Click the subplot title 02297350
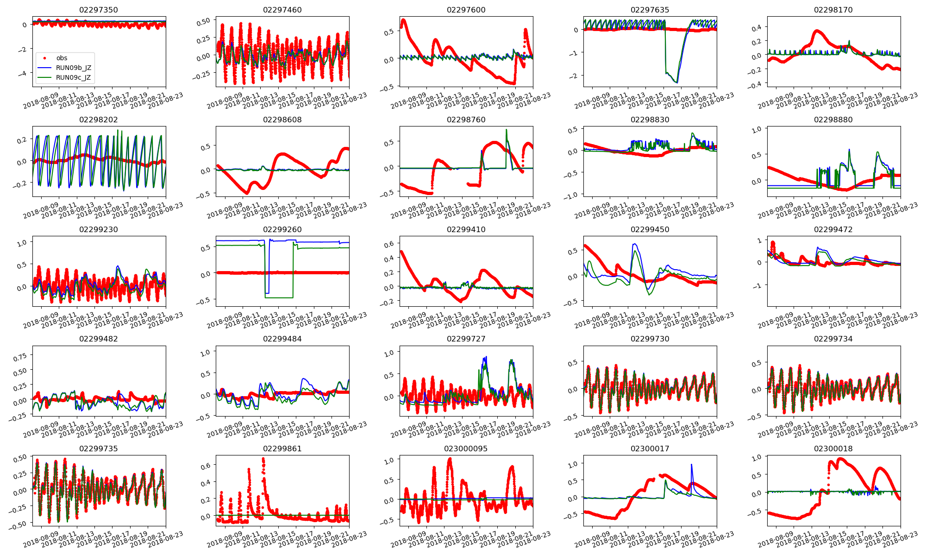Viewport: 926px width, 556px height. [x=98, y=10]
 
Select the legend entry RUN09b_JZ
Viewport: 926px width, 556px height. [x=73, y=68]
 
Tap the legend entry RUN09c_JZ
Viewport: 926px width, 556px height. [x=73, y=77]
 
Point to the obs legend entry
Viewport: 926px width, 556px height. [x=62, y=58]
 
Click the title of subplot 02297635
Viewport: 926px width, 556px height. [x=650, y=10]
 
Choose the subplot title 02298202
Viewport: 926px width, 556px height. [x=98, y=120]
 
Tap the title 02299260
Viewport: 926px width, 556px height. [x=282, y=229]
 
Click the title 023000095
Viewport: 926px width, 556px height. [x=466, y=449]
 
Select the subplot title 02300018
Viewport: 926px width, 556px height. [x=833, y=449]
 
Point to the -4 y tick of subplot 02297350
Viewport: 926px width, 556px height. [x=24, y=74]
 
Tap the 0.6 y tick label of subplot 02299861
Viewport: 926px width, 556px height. [x=205, y=466]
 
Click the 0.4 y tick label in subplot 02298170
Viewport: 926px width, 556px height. [x=756, y=28]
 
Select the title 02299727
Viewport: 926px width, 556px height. [x=466, y=339]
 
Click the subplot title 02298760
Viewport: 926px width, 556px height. [x=466, y=120]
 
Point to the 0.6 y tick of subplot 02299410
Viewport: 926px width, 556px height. [x=388, y=244]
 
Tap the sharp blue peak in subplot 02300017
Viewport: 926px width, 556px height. [x=691, y=465]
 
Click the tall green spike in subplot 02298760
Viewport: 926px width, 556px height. [x=507, y=130]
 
